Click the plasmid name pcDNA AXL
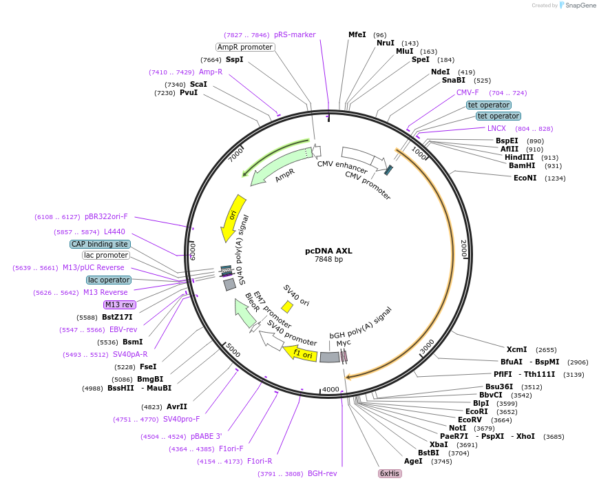coord(328,251)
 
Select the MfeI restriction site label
coord(357,34)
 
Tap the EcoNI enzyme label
coord(525,178)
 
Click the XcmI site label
coord(516,349)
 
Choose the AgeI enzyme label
coord(413,461)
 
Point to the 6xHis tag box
coord(390,474)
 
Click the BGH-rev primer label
coord(322,474)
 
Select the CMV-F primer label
coord(467,92)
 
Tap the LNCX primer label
coord(496,128)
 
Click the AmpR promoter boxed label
coord(245,47)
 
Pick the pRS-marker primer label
coord(295,34)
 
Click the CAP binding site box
coord(100,244)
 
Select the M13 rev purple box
coord(119,305)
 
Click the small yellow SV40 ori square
coord(287,307)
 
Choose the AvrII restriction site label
coord(177,406)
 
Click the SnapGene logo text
coord(578,6)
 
